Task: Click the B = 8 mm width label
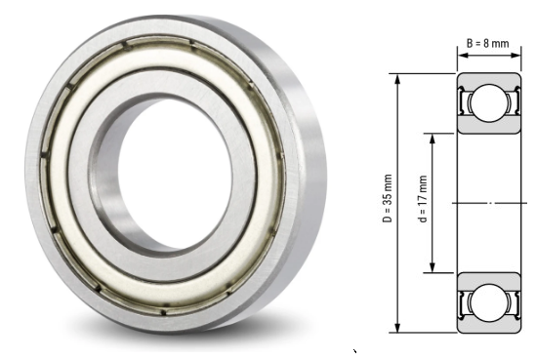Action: (487, 43)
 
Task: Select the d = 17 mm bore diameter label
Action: (423, 202)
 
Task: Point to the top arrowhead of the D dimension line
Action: (397, 77)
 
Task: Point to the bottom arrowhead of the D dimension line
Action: (397, 327)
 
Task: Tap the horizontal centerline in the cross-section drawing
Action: (488, 203)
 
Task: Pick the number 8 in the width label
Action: (494, 43)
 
